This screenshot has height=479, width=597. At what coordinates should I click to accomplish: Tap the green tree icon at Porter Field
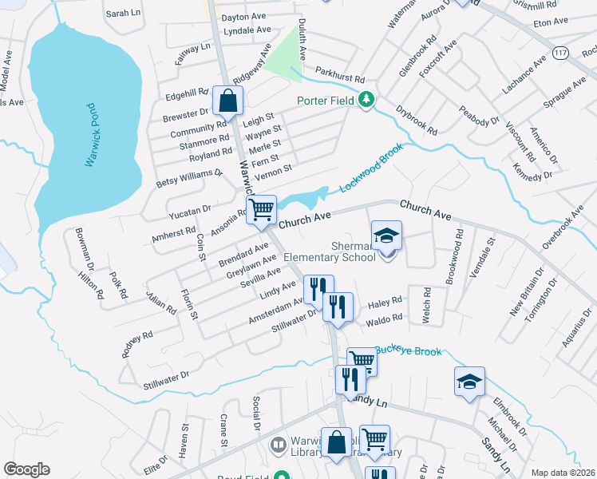[366, 100]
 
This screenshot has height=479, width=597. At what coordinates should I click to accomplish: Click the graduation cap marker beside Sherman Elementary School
[386, 236]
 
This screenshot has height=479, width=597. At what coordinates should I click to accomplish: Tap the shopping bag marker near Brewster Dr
[227, 101]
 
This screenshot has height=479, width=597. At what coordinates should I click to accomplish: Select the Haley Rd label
[384, 304]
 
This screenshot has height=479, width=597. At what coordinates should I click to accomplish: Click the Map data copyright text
[562, 473]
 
